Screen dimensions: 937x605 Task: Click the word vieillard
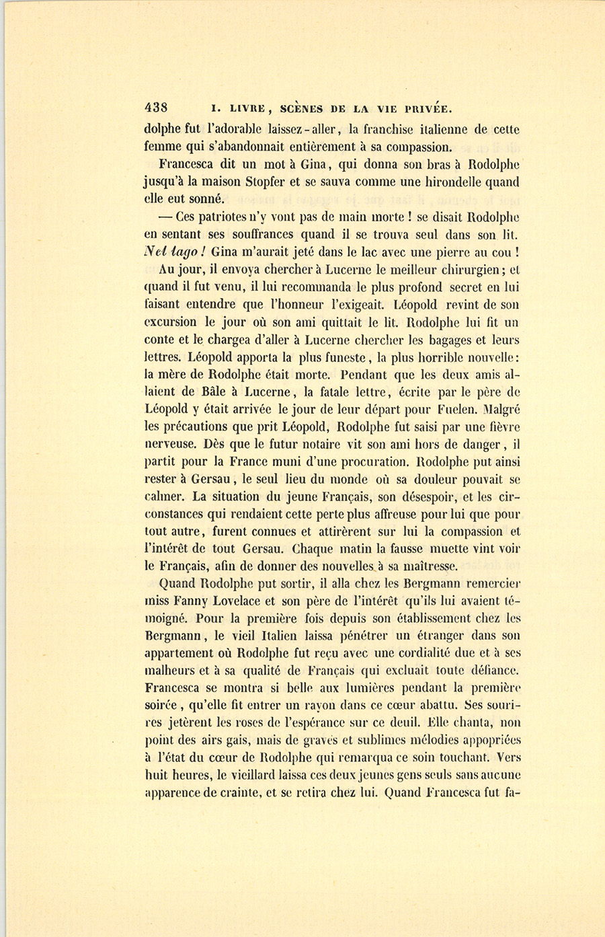[x=257, y=775]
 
